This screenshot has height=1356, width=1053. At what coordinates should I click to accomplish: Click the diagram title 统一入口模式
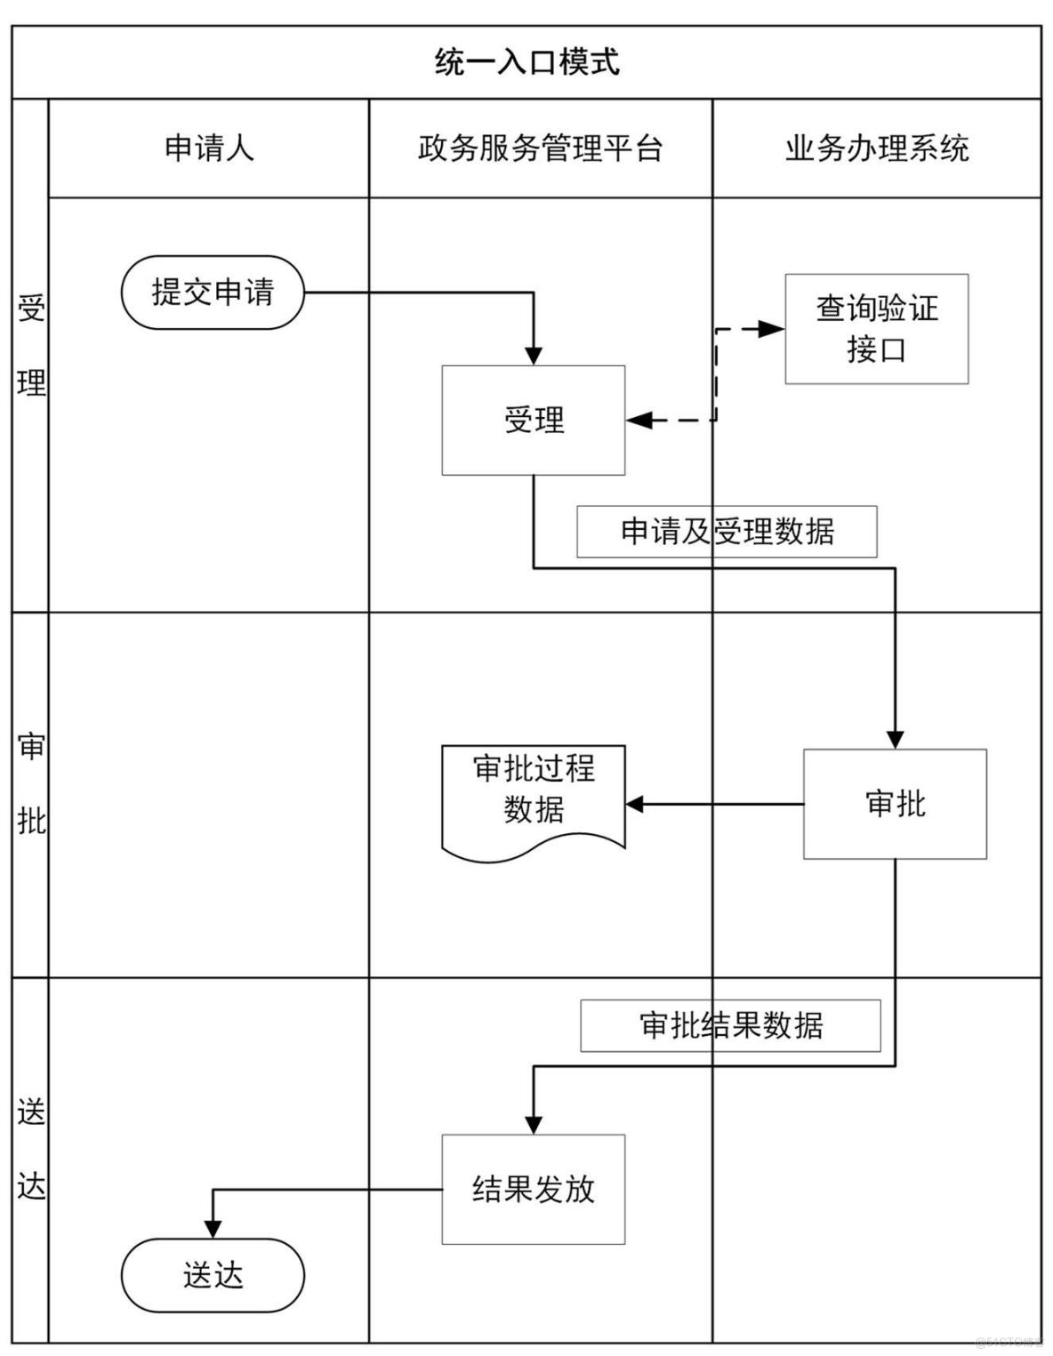pyautogui.click(x=526, y=62)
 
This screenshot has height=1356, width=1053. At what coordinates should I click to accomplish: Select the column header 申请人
pyautogui.click(x=209, y=148)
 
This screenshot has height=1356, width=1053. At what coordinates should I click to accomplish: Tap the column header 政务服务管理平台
pyautogui.click(x=540, y=148)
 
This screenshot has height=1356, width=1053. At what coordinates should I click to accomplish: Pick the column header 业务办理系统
pyautogui.click(x=876, y=148)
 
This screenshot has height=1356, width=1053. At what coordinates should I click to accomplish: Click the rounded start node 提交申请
pyautogui.click(x=213, y=293)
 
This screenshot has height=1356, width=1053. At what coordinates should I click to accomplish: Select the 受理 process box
pyautogui.click(x=534, y=420)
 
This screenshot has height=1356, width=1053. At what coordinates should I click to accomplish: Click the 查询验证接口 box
pyautogui.click(x=876, y=329)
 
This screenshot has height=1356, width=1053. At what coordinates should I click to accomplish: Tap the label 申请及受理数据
pyautogui.click(x=727, y=532)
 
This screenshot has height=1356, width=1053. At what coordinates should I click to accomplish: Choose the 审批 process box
pyautogui.click(x=895, y=804)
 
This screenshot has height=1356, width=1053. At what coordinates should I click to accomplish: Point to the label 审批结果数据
pyautogui.click(x=730, y=1025)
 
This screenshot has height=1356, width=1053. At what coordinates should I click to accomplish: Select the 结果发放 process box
pyautogui.click(x=534, y=1189)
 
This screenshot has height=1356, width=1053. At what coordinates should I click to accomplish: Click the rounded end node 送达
pyautogui.click(x=213, y=1275)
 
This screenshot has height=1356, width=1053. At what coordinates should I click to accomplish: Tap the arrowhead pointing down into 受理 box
pyautogui.click(x=534, y=356)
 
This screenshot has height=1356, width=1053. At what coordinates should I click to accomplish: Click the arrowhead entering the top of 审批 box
pyautogui.click(x=895, y=739)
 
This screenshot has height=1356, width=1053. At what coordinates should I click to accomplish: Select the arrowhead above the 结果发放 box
pyautogui.click(x=534, y=1125)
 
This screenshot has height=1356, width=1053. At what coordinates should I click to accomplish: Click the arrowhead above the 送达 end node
pyautogui.click(x=213, y=1229)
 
